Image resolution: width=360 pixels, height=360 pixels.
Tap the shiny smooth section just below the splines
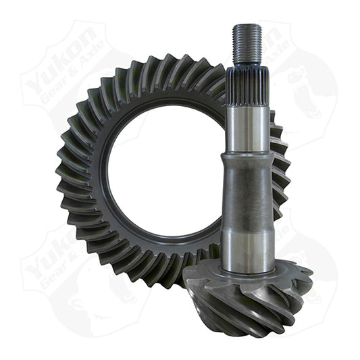tap(247, 128)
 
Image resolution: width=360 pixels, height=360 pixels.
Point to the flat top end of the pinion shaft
tap(247, 26)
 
